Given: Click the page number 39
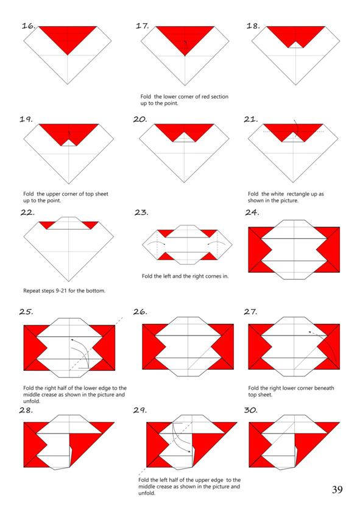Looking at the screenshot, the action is (337, 490).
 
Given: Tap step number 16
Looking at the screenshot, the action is (29, 26).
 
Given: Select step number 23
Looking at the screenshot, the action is (141, 213).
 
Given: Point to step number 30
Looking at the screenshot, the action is (250, 410).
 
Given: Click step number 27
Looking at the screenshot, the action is (250, 311).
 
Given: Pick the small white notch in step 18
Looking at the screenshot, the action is (296, 45).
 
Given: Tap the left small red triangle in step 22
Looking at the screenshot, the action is (46, 225).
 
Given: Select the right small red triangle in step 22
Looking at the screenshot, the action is (91, 225).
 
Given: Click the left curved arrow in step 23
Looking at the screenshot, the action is (156, 242).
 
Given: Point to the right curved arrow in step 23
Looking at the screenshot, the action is (216, 242).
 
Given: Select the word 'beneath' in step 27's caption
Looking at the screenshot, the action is (324, 388).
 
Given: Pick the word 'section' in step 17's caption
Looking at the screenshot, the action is (219, 97).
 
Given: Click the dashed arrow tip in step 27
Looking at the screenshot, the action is (309, 332).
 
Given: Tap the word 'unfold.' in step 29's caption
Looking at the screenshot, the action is (147, 493).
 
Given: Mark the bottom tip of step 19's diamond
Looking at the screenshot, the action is (69, 183).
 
